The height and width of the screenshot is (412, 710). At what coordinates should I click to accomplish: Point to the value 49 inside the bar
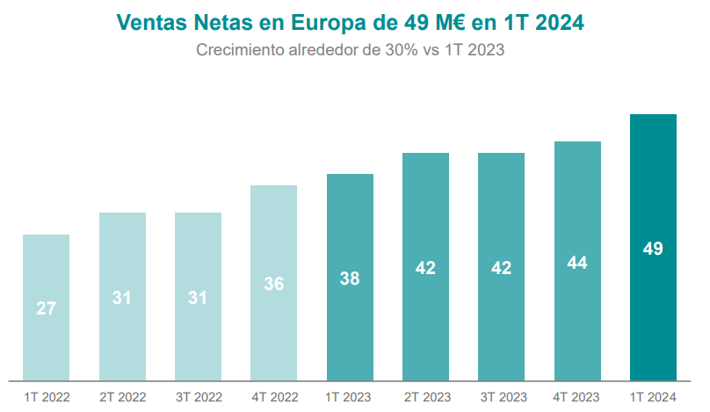(653, 249)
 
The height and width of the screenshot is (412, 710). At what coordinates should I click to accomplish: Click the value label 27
(47, 308)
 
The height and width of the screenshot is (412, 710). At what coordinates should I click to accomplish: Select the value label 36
(274, 284)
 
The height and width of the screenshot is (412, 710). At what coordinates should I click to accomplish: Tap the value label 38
(350, 278)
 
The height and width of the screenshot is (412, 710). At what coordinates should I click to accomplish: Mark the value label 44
(577, 263)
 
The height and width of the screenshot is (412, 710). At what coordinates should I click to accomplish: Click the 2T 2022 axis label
(122, 398)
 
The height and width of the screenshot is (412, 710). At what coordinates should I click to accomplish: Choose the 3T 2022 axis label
(198, 398)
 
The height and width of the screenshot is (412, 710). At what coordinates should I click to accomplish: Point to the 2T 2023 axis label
(426, 398)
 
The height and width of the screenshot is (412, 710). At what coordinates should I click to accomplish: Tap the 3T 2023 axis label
(502, 398)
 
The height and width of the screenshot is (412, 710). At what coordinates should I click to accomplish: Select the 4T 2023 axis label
(577, 398)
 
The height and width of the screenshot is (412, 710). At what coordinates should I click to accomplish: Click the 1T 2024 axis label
(653, 398)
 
